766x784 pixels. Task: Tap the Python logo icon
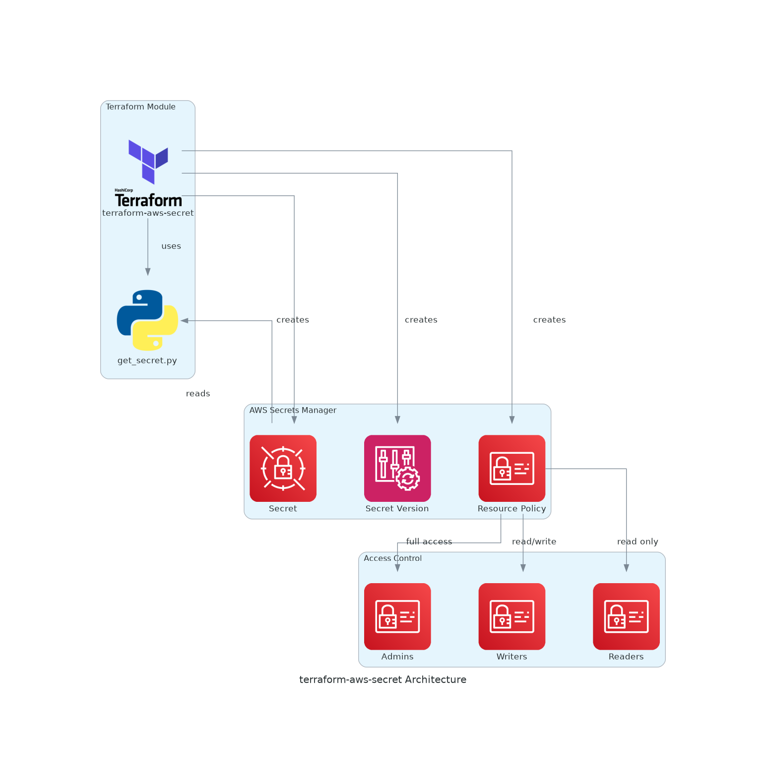click(x=147, y=320)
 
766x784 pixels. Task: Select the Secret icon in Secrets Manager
click(x=283, y=468)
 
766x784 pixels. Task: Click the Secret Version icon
click(x=397, y=468)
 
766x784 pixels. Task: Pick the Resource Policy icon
click(x=511, y=468)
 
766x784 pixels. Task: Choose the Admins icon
click(x=397, y=616)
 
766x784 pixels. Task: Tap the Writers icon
click(x=511, y=616)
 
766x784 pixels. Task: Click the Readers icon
click(x=626, y=616)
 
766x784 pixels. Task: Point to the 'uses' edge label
click(x=171, y=246)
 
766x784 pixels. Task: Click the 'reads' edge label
click(x=198, y=394)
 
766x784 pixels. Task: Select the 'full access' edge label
click(x=429, y=542)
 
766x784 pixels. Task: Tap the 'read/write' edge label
click(x=534, y=542)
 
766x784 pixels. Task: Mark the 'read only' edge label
click(x=638, y=542)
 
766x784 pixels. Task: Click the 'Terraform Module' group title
click(x=140, y=107)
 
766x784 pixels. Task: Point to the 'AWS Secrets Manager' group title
click(x=293, y=410)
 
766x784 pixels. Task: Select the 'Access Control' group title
click(x=392, y=558)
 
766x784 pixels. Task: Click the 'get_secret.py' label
click(x=147, y=361)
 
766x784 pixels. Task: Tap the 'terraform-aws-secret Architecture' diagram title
click(x=383, y=679)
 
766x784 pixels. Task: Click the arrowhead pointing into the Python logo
click(x=184, y=321)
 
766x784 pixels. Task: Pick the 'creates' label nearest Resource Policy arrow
click(x=549, y=320)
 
